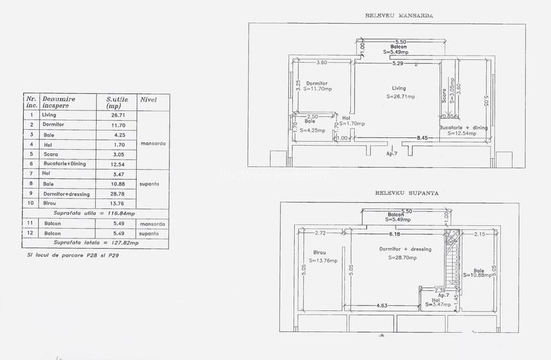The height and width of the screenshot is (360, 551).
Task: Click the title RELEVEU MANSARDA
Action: [x=399, y=15]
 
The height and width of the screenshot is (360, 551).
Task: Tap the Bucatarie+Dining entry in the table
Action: [x=64, y=164]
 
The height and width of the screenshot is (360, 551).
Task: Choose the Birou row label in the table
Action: [x=50, y=203]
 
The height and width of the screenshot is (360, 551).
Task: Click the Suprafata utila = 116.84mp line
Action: [x=95, y=213]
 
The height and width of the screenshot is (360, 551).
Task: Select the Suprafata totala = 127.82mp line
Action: [x=96, y=243]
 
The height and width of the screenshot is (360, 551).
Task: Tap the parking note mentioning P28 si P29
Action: [x=73, y=254]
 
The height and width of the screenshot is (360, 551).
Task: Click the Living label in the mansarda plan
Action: [x=399, y=88]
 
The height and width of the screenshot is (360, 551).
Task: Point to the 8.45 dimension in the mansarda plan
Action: [x=423, y=138]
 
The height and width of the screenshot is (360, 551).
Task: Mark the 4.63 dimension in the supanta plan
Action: [x=382, y=306]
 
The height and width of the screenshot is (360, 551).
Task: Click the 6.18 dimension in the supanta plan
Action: [x=398, y=235]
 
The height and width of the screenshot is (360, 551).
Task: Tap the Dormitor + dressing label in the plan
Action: [x=405, y=249]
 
